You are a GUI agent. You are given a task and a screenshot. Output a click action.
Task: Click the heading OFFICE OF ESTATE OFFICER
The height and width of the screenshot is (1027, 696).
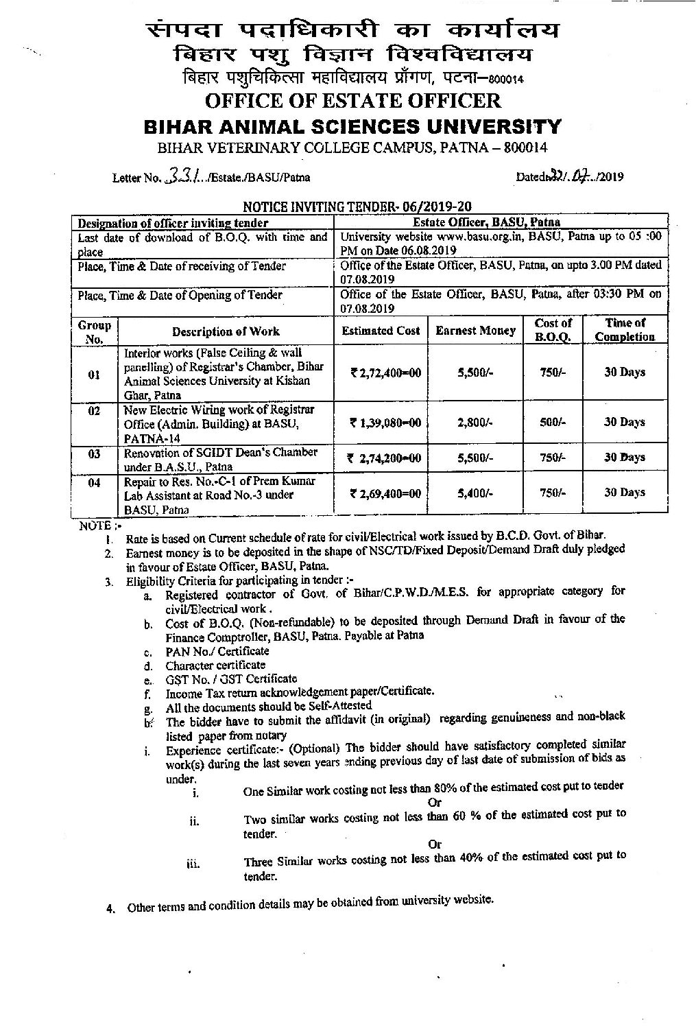click(x=353, y=101)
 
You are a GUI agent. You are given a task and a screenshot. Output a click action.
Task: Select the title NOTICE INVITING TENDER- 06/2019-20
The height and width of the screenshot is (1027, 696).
click(x=357, y=206)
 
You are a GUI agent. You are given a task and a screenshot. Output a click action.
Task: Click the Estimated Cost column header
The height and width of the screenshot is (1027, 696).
click(x=381, y=331)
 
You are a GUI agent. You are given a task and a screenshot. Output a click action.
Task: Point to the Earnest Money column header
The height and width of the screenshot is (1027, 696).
click(x=475, y=331)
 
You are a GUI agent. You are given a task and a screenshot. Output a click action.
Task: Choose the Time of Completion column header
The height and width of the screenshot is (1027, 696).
click(x=625, y=330)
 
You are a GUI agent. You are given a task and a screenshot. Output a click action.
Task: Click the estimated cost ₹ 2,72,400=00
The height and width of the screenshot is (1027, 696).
click(x=385, y=373)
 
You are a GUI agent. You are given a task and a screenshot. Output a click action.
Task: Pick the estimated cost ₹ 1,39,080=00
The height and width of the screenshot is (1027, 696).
click(x=385, y=423)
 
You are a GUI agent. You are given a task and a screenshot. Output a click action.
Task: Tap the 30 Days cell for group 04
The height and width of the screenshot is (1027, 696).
click(x=624, y=493)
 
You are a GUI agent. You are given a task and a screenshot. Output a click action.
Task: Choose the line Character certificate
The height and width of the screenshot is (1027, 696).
click(x=215, y=665)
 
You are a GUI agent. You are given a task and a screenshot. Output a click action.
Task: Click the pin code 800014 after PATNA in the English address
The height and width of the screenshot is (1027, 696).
click(x=525, y=147)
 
